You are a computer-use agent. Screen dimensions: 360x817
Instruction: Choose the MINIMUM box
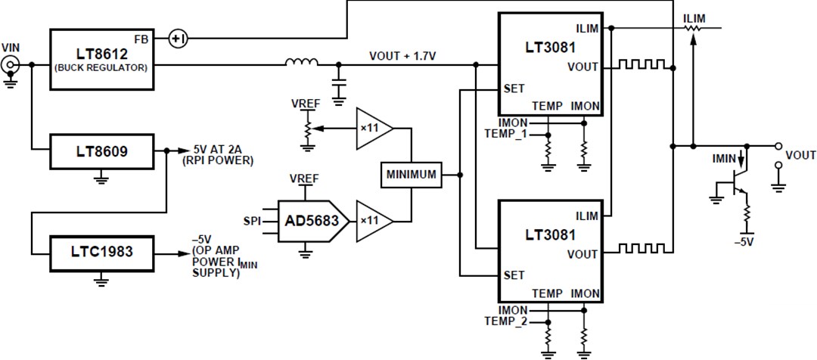[x=411, y=175]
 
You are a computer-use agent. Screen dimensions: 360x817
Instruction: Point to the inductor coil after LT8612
[x=301, y=64]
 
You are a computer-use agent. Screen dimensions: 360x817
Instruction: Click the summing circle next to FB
[x=176, y=38]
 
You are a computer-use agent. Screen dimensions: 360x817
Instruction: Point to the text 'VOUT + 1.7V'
[x=402, y=56]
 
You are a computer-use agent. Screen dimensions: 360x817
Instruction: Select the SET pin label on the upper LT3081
[x=514, y=88]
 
